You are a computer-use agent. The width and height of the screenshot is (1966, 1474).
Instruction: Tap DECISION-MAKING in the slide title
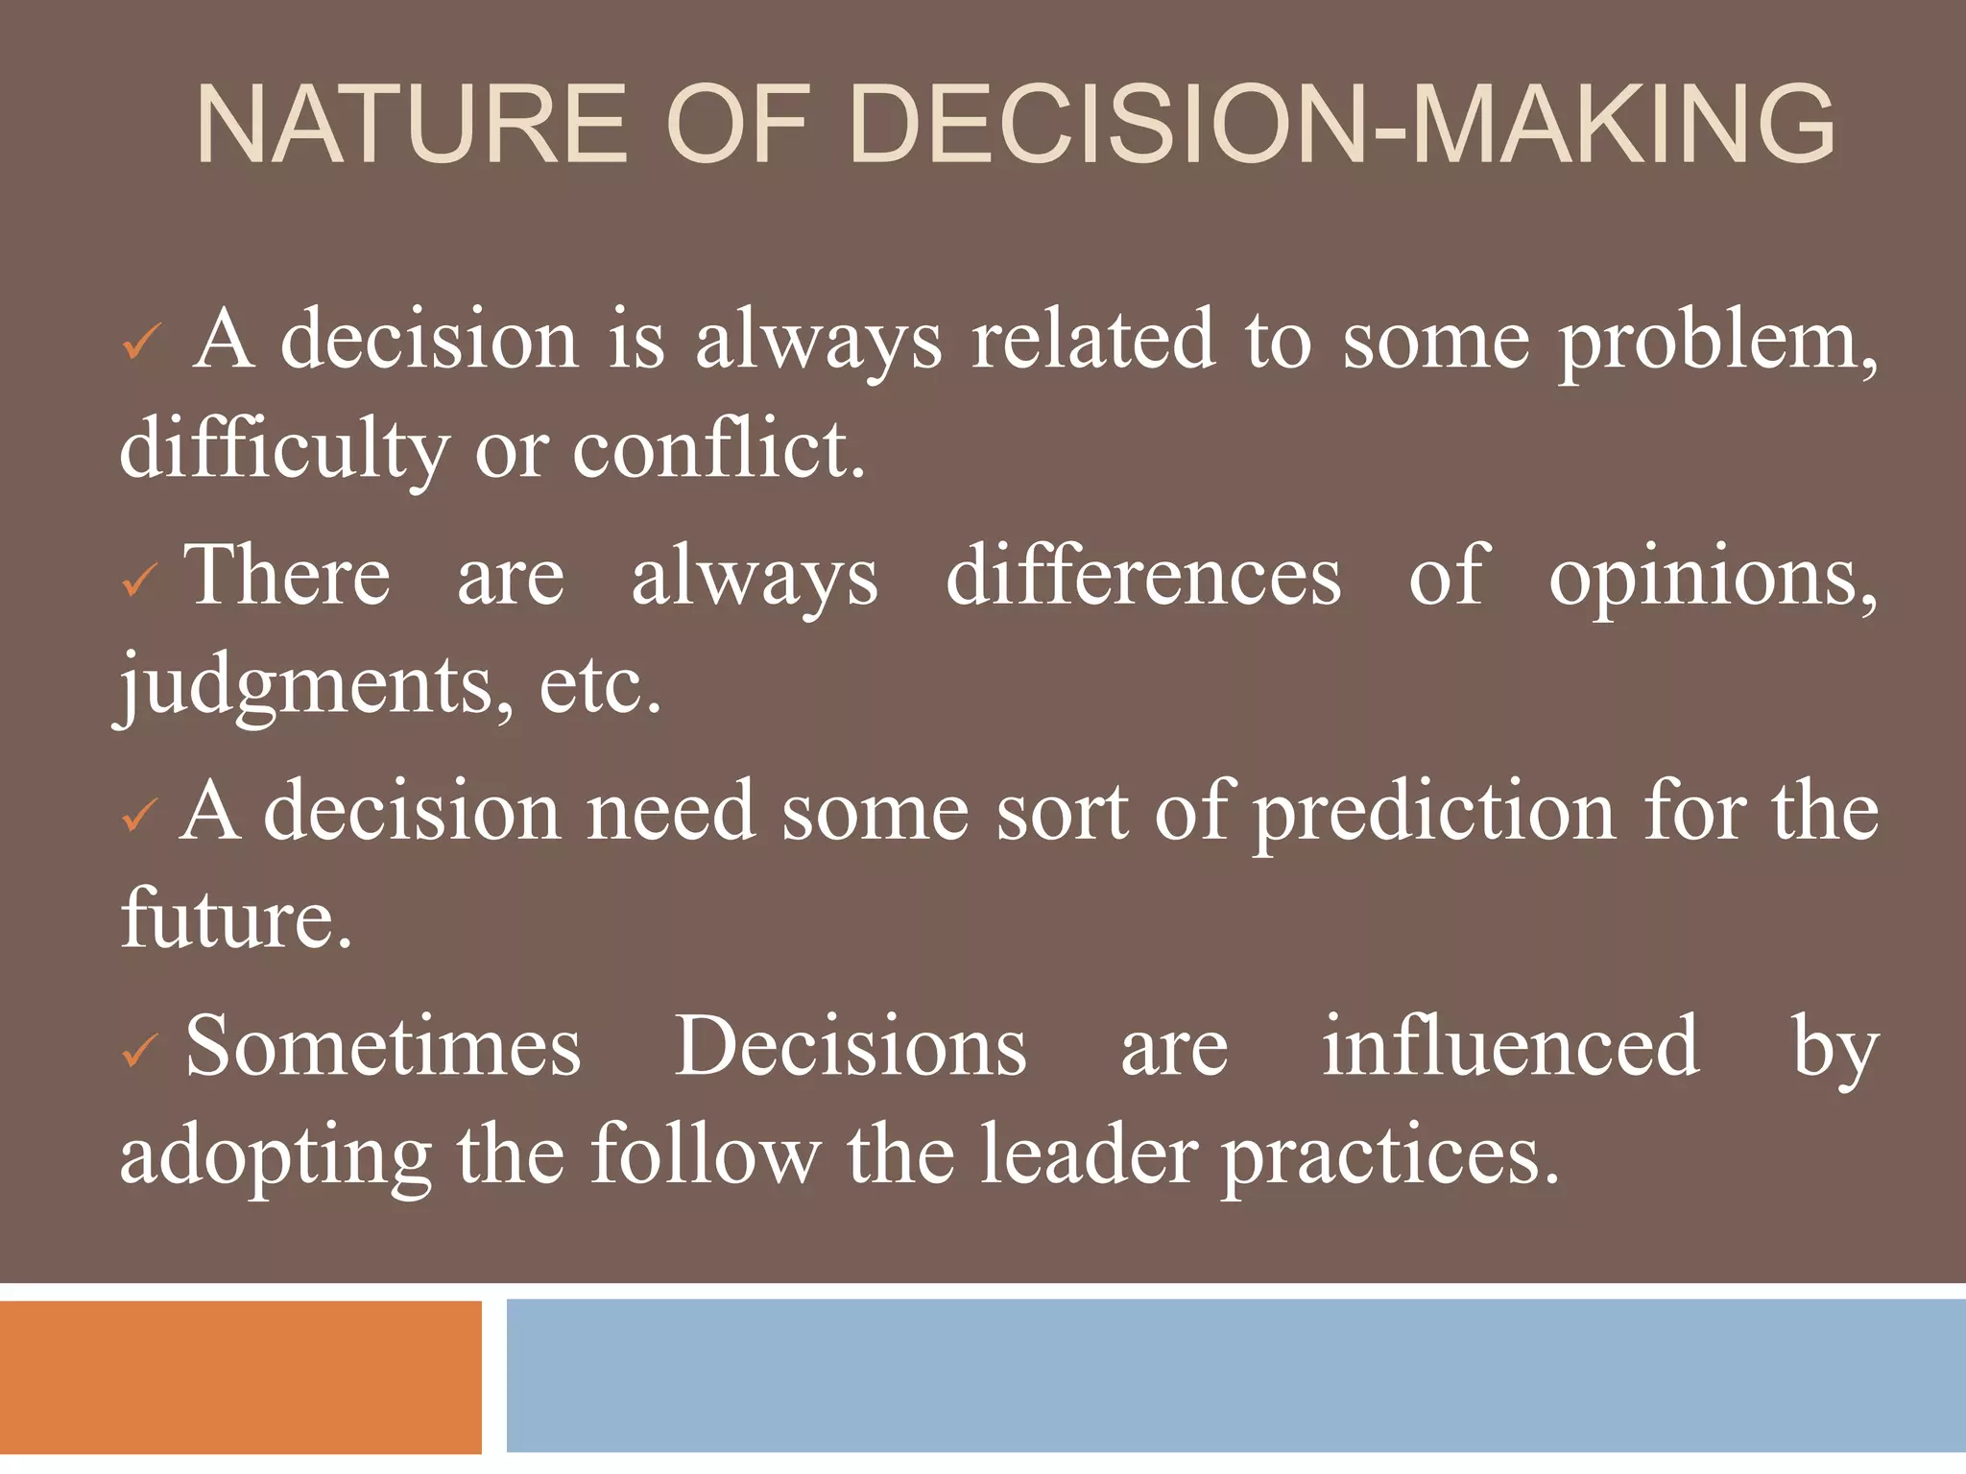(x=1341, y=126)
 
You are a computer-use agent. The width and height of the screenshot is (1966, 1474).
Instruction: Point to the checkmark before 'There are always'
(x=140, y=580)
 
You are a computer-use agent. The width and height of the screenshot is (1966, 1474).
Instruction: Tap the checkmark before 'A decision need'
(x=140, y=816)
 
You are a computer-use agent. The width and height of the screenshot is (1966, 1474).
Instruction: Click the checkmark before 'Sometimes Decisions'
(x=140, y=1052)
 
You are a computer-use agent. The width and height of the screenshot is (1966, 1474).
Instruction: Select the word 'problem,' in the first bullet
(x=1717, y=343)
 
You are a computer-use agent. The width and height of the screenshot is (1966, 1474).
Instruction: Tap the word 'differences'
(x=1143, y=577)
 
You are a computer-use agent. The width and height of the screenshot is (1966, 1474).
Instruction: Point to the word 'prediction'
(x=1434, y=814)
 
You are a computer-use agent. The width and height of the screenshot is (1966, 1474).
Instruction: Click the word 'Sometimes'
(x=383, y=1047)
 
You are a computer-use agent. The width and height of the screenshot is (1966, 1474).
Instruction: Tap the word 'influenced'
(x=1510, y=1047)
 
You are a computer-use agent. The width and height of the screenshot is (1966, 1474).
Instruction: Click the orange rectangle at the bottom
(x=240, y=1376)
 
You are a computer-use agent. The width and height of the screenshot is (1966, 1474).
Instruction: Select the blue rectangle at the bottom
(x=1235, y=1376)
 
